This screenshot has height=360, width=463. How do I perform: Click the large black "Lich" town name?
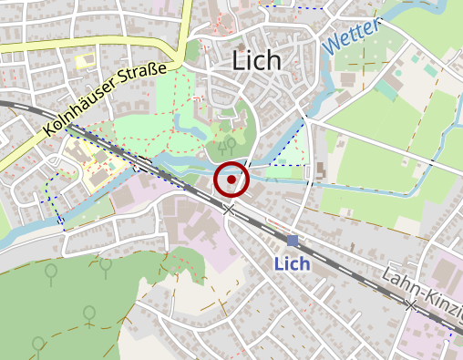(x=258, y=60)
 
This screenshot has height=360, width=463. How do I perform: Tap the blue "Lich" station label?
(x=293, y=263)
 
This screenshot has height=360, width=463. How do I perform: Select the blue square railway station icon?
(x=292, y=241)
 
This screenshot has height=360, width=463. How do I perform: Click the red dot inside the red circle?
(x=231, y=180)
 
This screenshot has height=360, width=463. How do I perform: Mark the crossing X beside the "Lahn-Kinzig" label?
(x=413, y=303)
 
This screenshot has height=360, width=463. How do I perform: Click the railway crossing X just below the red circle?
(x=229, y=210)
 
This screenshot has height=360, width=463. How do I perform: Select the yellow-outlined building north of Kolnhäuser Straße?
(x=85, y=61)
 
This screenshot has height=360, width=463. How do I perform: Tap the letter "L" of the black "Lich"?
(x=240, y=60)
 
